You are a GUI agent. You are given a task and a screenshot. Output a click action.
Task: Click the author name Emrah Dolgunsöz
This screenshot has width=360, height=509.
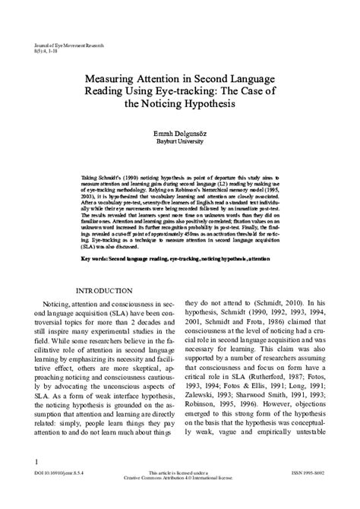click(179, 132)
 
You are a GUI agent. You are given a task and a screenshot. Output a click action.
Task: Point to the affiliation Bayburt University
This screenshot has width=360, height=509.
click(180, 141)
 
